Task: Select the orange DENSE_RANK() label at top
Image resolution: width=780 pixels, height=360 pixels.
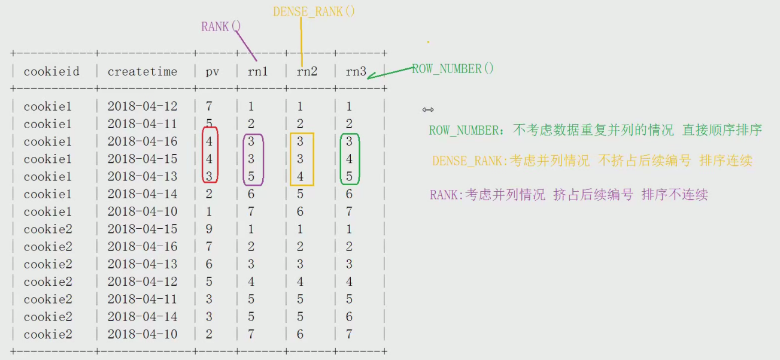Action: tap(314, 11)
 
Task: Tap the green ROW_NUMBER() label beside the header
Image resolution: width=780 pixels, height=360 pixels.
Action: tap(453, 69)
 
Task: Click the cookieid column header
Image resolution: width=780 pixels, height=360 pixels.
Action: tap(51, 72)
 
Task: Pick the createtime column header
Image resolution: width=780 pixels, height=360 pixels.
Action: tap(142, 72)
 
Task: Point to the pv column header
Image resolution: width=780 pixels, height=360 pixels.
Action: tap(213, 72)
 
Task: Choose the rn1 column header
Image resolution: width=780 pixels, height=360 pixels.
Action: tap(258, 72)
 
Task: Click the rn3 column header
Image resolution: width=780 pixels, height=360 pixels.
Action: tap(356, 72)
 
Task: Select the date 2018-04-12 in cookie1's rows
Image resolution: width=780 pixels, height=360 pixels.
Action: tap(142, 107)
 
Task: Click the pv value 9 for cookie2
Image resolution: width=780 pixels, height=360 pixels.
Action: tap(209, 229)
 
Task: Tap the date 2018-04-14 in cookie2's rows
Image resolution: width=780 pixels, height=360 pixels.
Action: tap(142, 317)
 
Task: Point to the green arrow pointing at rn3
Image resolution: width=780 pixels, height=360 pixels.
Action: tap(389, 72)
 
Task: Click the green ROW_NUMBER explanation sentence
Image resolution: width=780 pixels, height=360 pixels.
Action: tap(595, 130)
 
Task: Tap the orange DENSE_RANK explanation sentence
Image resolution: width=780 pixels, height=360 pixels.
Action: tap(592, 161)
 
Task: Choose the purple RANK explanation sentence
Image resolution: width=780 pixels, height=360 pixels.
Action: tap(569, 195)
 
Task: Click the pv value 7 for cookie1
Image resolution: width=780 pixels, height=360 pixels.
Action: tap(209, 107)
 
